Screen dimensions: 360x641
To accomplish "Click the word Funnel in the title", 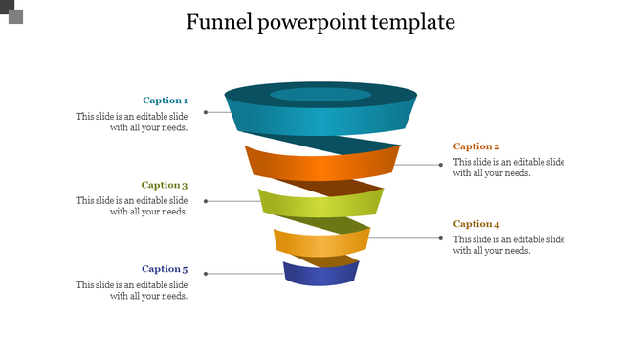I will pyautogui.click(x=219, y=22).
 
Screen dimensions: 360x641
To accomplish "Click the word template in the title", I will pyautogui.click(x=413, y=22).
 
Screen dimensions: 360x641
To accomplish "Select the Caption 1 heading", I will pyautogui.click(x=165, y=101).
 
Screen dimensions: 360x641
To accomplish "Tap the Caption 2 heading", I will pyautogui.click(x=476, y=146).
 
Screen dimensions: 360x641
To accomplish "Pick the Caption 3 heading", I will pyautogui.click(x=165, y=185).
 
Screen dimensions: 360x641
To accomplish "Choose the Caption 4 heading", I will pyautogui.click(x=476, y=224).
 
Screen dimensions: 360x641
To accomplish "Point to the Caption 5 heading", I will pyautogui.click(x=165, y=269).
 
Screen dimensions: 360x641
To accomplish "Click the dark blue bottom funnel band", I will pyautogui.click(x=320, y=276).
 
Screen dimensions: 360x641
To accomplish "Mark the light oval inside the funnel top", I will pyautogui.click(x=320, y=95).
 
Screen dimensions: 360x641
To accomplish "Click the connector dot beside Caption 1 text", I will pyautogui.click(x=205, y=112).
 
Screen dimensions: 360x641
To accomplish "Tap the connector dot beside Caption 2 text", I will pyautogui.click(x=440, y=164).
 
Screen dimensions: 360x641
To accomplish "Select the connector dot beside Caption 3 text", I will pyautogui.click(x=206, y=201).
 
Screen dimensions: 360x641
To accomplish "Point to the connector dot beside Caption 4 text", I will pyautogui.click(x=440, y=238).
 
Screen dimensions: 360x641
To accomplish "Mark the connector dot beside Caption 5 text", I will pyautogui.click(x=206, y=274).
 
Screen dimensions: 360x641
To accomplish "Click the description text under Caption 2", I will pyautogui.click(x=509, y=168).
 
